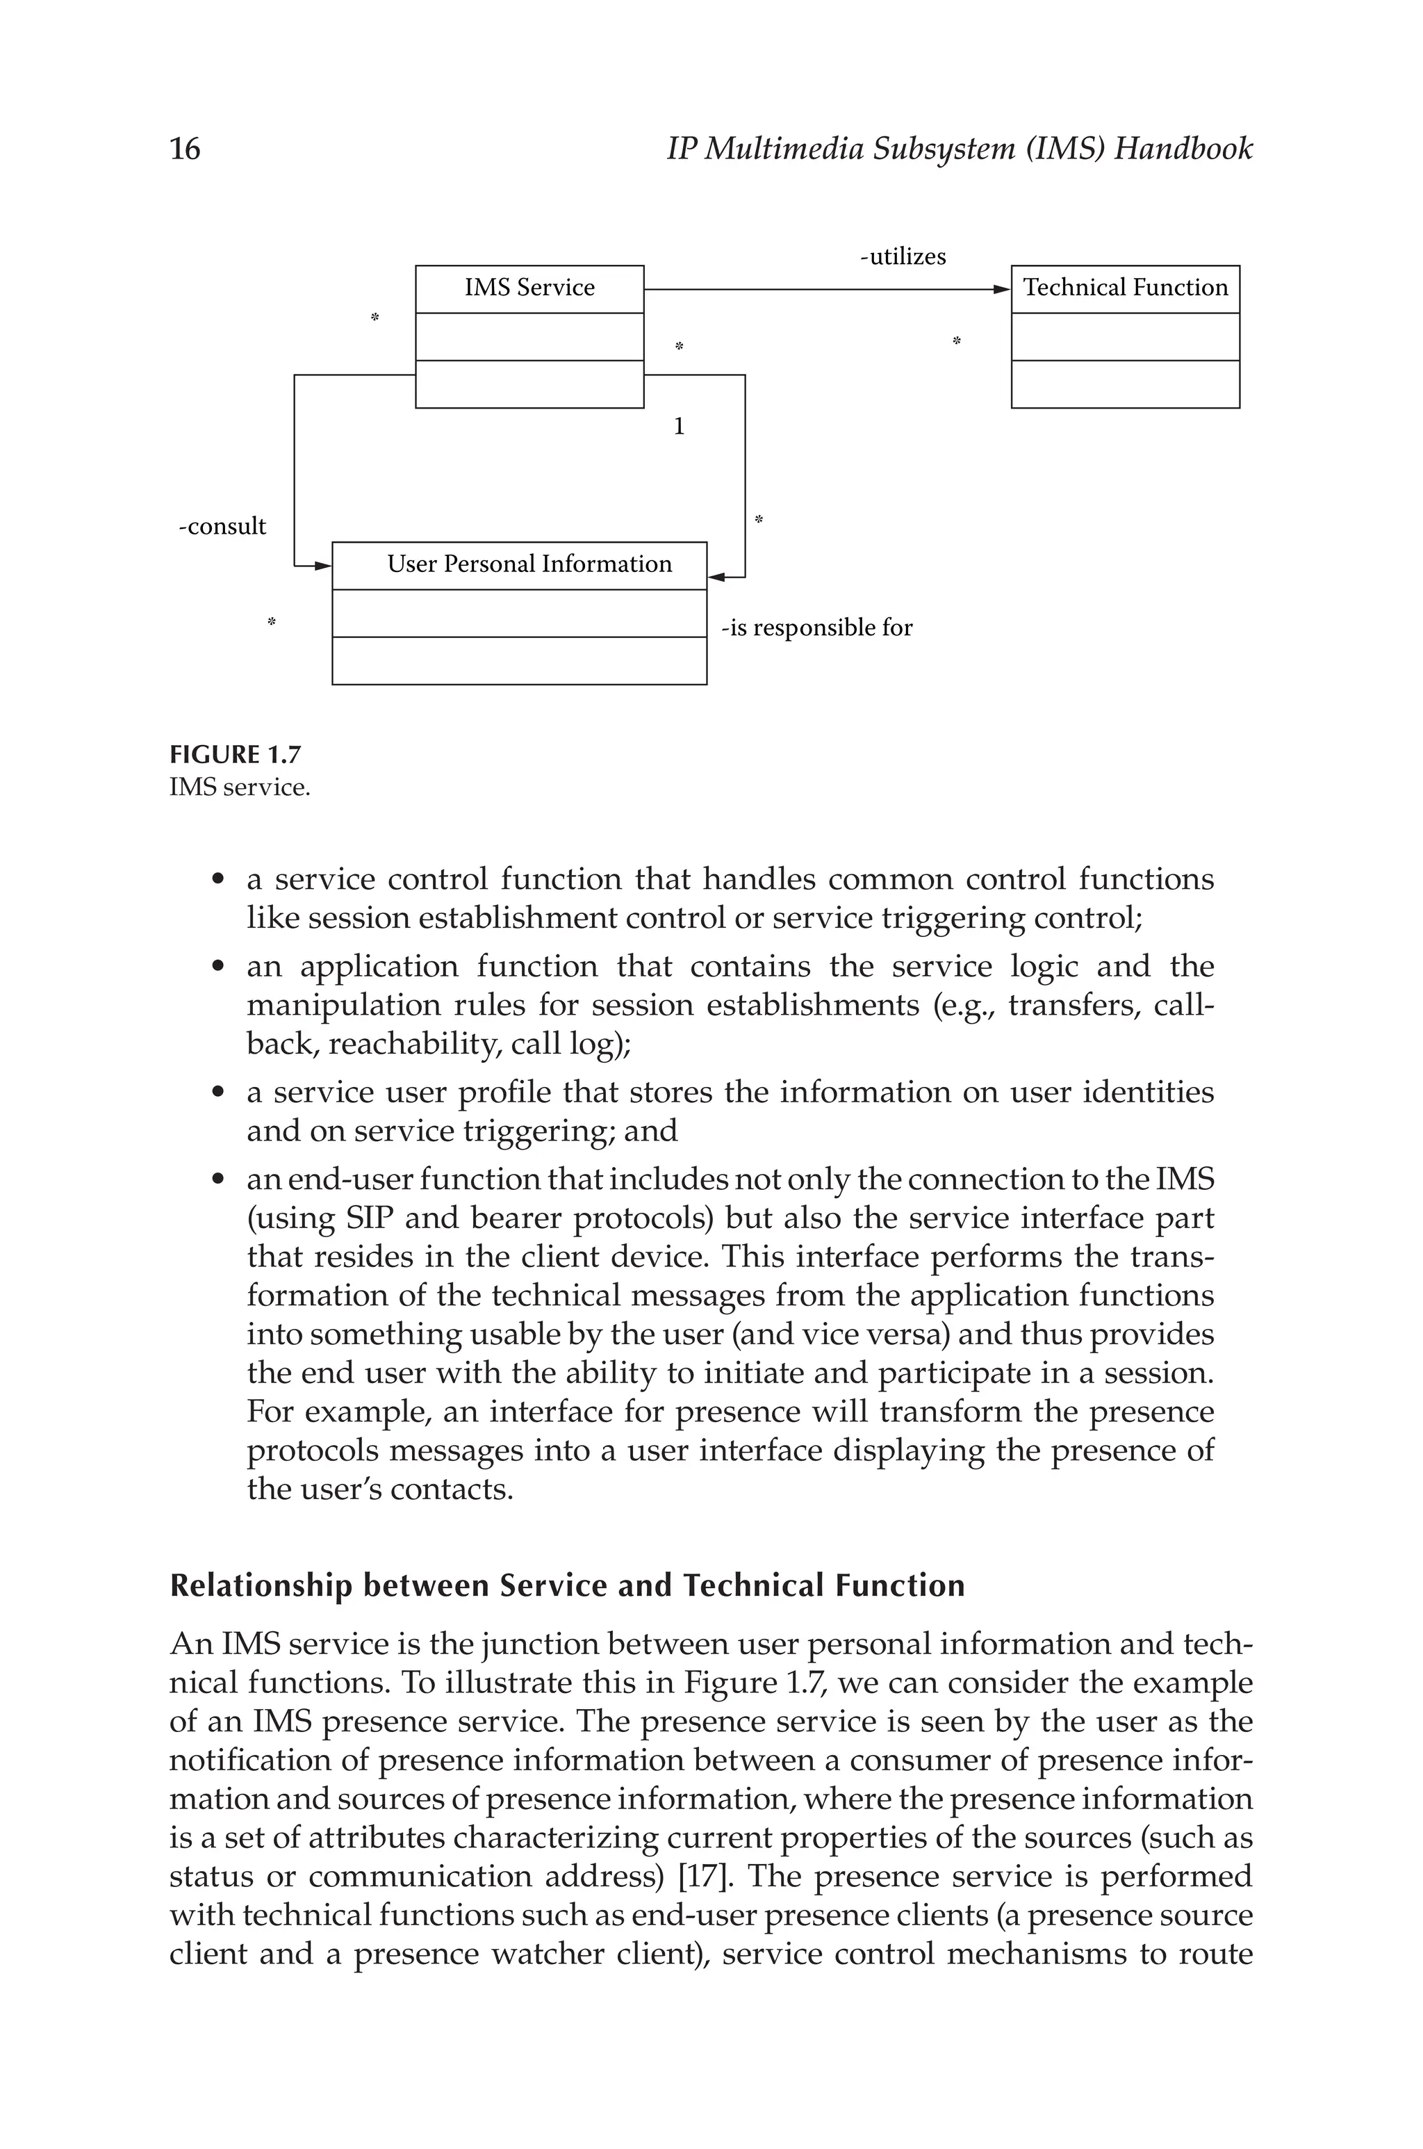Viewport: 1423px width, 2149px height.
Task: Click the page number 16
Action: coord(185,149)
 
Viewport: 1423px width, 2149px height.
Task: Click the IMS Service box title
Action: coord(529,288)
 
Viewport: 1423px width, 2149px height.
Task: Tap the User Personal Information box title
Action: coord(529,564)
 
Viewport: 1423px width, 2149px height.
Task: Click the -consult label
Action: coord(222,526)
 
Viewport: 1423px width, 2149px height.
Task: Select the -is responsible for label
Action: coord(817,628)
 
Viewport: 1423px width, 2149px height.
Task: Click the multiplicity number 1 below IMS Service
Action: coord(679,427)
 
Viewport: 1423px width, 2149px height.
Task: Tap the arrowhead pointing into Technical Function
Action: coord(1001,290)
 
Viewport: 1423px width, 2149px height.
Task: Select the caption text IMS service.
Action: coord(240,787)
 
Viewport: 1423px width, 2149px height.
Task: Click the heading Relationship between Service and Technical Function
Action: coord(567,1585)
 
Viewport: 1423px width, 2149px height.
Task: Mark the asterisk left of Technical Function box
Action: coord(955,342)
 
